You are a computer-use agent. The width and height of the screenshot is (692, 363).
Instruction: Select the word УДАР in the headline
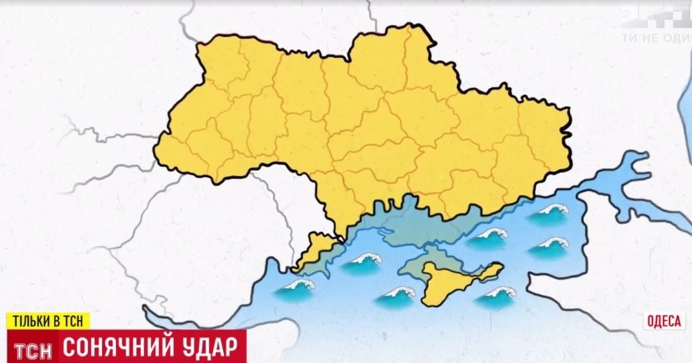213,348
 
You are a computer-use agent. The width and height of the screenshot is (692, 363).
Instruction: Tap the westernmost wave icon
295,289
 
